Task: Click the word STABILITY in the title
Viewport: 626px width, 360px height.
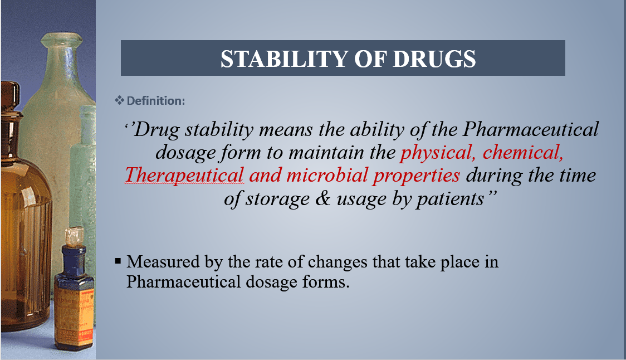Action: (x=284, y=59)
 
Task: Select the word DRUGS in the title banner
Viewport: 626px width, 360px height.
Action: (x=434, y=59)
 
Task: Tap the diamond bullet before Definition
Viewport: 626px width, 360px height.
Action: (x=119, y=100)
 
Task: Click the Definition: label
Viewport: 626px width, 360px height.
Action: (x=156, y=101)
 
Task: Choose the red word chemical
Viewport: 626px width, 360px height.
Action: (x=523, y=153)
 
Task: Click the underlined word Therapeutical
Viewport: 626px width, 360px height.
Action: (x=184, y=176)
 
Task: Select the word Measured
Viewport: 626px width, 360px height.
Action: (x=163, y=262)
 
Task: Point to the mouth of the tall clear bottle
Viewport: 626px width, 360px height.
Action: (x=61, y=40)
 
